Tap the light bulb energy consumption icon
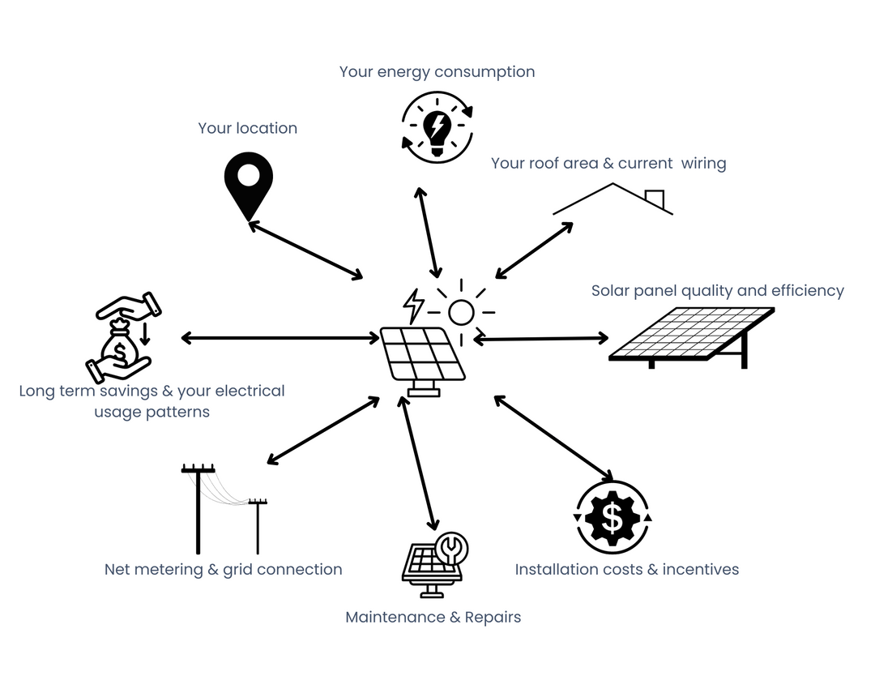pyautogui.click(x=437, y=127)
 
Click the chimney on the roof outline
pyautogui.click(x=654, y=198)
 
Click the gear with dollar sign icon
pyautogui.click(x=612, y=518)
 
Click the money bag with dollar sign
pyautogui.click(x=119, y=349)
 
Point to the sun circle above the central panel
pyautogui.click(x=461, y=312)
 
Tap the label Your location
pyautogui.click(x=247, y=128)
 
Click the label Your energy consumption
pyautogui.click(x=437, y=71)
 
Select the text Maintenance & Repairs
pyautogui.click(x=433, y=617)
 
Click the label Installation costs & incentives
pyautogui.click(x=626, y=569)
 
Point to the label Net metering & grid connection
pyautogui.click(x=223, y=569)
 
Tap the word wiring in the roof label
pyautogui.click(x=703, y=163)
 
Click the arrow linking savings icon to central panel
pyautogui.click(x=280, y=337)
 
